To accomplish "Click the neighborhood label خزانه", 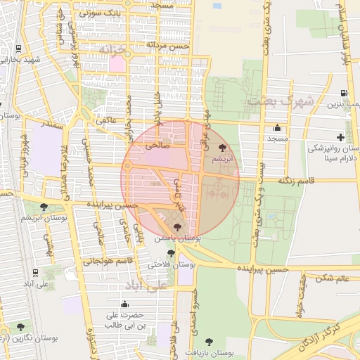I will (x=112, y=51).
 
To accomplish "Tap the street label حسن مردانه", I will (x=168, y=45).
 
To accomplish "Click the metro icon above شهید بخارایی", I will (x=18, y=49).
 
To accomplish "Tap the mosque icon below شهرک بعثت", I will (x=278, y=129).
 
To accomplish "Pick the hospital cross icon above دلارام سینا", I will (x=340, y=137).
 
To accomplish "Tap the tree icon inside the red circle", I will (x=223, y=148).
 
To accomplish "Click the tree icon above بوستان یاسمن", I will (x=176, y=227).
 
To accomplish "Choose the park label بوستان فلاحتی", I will (x=172, y=264).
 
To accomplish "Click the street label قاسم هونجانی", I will (x=106, y=262).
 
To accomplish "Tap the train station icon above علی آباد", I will (x=35, y=273).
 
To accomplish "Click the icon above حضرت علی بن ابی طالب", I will (x=124, y=304).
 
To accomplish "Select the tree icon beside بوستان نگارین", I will (x=20, y=326).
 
